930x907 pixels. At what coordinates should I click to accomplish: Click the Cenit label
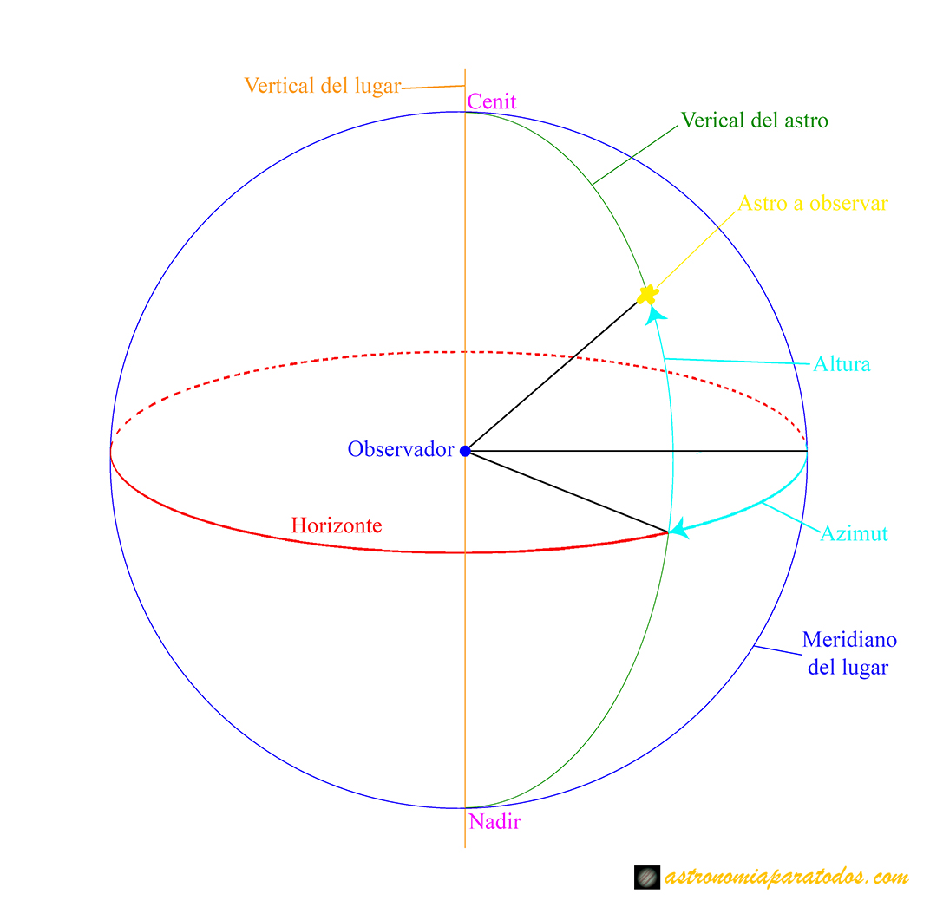tap(491, 101)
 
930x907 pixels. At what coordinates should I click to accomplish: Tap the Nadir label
tap(494, 821)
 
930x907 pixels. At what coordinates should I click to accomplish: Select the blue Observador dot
tap(465, 451)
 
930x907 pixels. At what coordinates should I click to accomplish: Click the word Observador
tap(401, 449)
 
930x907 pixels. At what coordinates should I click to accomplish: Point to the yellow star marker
tap(646, 295)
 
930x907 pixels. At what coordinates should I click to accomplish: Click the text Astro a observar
tap(813, 204)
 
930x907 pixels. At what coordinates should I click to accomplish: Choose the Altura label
tap(841, 364)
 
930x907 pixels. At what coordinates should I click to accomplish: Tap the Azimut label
tap(854, 533)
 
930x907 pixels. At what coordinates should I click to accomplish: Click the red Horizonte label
tap(336, 525)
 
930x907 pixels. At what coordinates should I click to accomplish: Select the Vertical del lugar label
tap(323, 86)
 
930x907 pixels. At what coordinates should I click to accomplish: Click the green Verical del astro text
tap(754, 121)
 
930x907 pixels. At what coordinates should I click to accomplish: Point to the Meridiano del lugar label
tap(848, 654)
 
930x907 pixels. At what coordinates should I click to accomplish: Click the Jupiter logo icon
tap(647, 878)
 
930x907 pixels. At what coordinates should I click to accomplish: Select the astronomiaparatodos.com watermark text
tap(786, 878)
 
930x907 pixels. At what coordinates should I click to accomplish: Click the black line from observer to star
tap(555, 374)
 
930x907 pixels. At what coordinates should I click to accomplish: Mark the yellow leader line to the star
tap(694, 251)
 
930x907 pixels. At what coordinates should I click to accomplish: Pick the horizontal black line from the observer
tap(633, 451)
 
